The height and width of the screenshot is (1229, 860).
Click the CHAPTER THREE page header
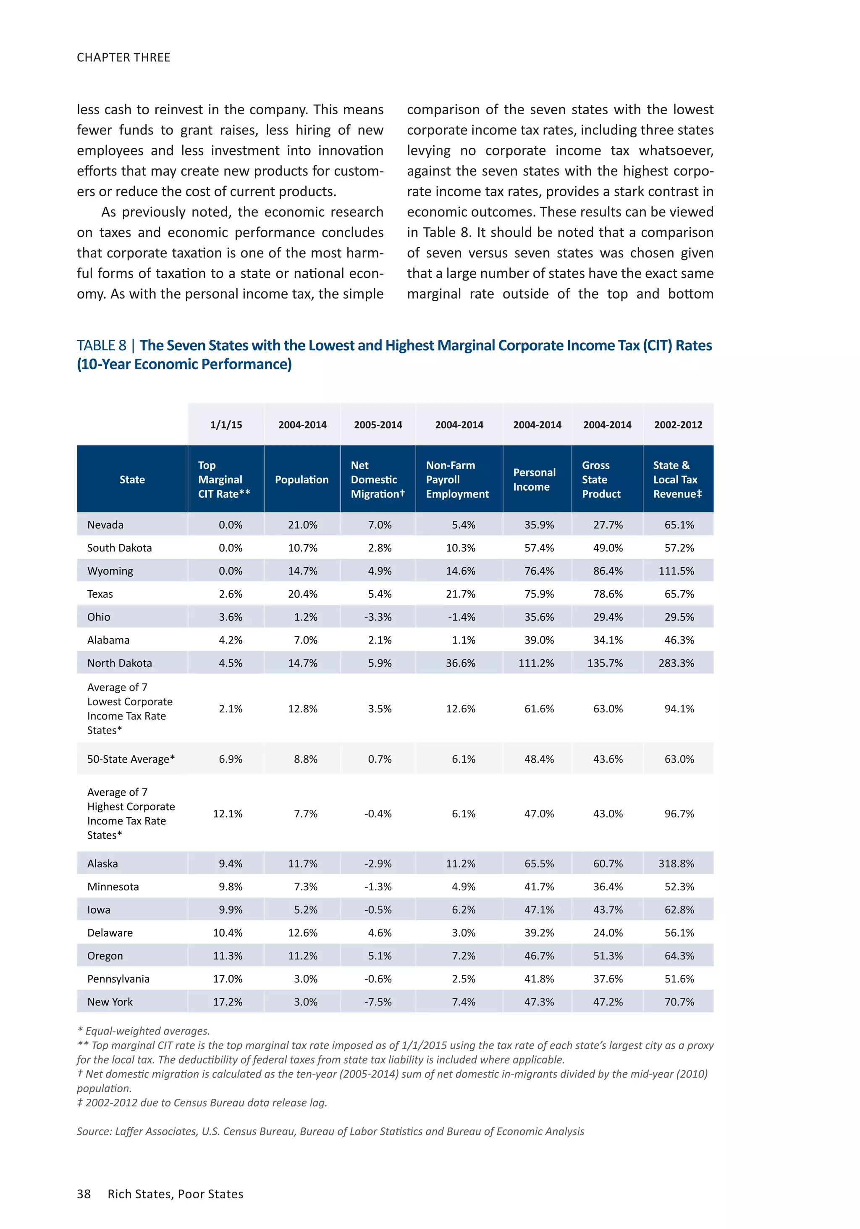pos(123,57)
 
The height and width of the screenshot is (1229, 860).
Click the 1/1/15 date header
pos(226,425)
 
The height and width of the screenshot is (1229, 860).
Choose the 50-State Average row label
pos(131,759)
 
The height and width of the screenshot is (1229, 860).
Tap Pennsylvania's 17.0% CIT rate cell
pos(228,979)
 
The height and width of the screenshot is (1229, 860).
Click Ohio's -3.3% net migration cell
pos(378,617)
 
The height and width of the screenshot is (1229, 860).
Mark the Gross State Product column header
pos(601,479)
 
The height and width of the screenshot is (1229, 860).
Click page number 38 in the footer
pos(84,1194)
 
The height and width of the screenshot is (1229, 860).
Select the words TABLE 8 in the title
pos(101,345)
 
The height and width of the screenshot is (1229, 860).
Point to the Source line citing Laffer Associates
pos(330,1131)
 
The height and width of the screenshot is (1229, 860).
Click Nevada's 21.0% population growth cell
pos(302,525)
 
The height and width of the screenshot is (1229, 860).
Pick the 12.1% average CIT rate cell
pos(228,814)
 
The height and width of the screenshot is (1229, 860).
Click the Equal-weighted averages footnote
pos(144,1030)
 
